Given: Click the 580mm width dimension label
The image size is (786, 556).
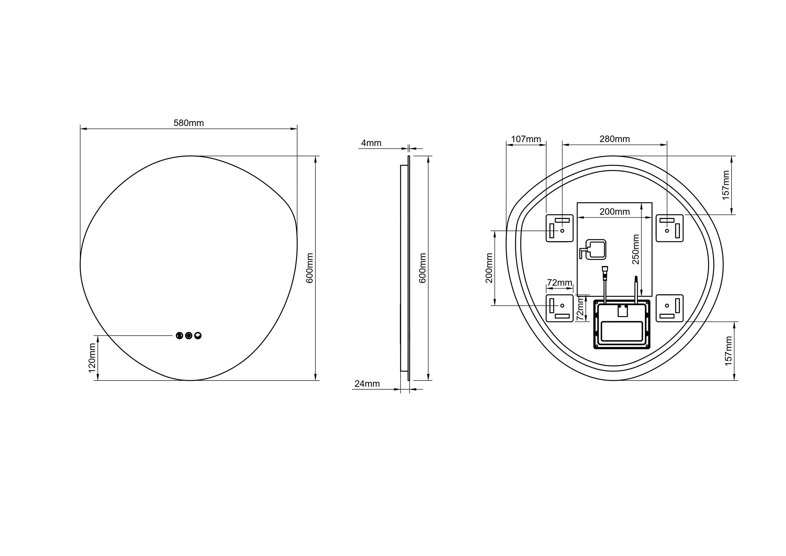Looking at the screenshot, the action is click(x=189, y=123).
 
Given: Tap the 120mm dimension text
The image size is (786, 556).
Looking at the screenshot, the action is click(x=92, y=358).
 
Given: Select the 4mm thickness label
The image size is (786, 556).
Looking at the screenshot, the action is click(x=371, y=143).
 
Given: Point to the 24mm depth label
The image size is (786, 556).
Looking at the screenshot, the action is click(x=367, y=384).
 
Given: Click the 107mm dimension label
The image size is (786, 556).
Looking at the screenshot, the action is click(x=526, y=139).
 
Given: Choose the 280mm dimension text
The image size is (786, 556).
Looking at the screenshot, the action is click(x=614, y=139).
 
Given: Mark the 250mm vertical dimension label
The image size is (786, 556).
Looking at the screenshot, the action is click(x=636, y=249).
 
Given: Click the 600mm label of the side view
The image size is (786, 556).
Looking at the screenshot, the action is click(x=423, y=268).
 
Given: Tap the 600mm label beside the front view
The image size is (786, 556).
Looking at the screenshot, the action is click(x=309, y=268).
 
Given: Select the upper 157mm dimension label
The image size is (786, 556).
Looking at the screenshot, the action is click(x=726, y=185).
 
